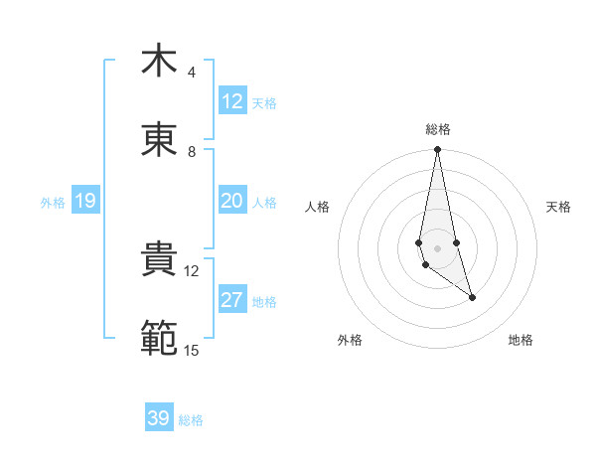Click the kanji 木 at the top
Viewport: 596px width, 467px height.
(x=159, y=61)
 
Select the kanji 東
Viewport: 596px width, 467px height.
(x=159, y=140)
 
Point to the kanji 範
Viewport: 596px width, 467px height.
(x=159, y=339)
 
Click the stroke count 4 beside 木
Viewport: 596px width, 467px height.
(x=191, y=73)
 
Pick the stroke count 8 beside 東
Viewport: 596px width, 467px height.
(x=191, y=152)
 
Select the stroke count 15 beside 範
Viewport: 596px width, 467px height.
(x=191, y=350)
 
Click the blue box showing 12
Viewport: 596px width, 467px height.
(x=232, y=101)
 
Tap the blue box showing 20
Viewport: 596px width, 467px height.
(x=232, y=201)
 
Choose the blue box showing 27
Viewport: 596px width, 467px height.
(x=232, y=300)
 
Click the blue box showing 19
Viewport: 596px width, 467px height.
(x=84, y=202)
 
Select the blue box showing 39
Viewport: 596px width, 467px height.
(x=159, y=418)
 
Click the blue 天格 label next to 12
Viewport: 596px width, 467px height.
(x=264, y=102)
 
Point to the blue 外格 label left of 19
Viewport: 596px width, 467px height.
(x=53, y=203)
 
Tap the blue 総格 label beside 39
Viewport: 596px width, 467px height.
(x=191, y=420)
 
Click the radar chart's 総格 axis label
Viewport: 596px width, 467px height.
(x=438, y=129)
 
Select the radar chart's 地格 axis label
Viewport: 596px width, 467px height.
(x=521, y=340)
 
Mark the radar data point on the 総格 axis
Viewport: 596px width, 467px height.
(x=437, y=150)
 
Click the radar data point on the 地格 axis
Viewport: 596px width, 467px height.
(x=472, y=297)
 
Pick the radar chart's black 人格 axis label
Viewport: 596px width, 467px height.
(x=318, y=207)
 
